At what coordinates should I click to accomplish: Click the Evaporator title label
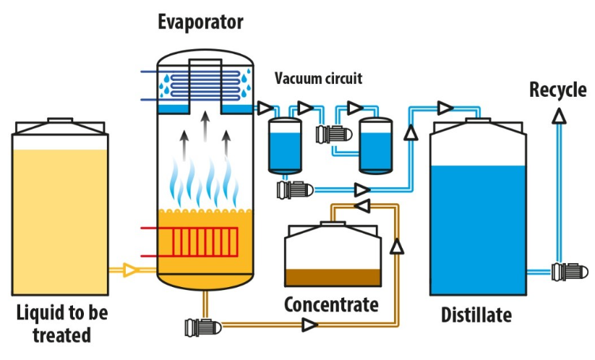click(x=200, y=22)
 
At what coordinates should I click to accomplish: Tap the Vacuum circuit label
click(x=318, y=78)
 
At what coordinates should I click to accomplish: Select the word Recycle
click(x=558, y=90)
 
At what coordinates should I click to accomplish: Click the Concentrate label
click(x=331, y=304)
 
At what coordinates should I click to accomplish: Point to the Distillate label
click(x=476, y=315)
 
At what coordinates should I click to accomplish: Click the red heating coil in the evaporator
click(x=205, y=241)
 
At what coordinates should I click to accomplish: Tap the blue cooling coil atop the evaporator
click(x=205, y=85)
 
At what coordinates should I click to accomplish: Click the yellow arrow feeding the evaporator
click(x=130, y=270)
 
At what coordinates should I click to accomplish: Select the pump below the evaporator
click(x=203, y=327)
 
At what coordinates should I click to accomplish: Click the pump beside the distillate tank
click(x=570, y=272)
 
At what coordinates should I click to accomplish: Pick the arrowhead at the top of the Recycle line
click(x=559, y=116)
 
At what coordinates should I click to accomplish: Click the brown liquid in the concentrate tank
click(x=333, y=278)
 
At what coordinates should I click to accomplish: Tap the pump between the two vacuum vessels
click(x=334, y=134)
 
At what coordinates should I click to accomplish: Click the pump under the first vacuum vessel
click(x=295, y=190)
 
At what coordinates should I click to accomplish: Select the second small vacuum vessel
click(x=376, y=146)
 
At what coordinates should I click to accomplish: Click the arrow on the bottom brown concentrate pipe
click(x=310, y=325)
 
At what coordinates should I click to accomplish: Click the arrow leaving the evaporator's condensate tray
click(x=265, y=108)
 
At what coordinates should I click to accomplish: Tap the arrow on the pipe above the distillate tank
click(x=445, y=108)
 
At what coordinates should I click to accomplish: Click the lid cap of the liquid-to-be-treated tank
click(x=60, y=120)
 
